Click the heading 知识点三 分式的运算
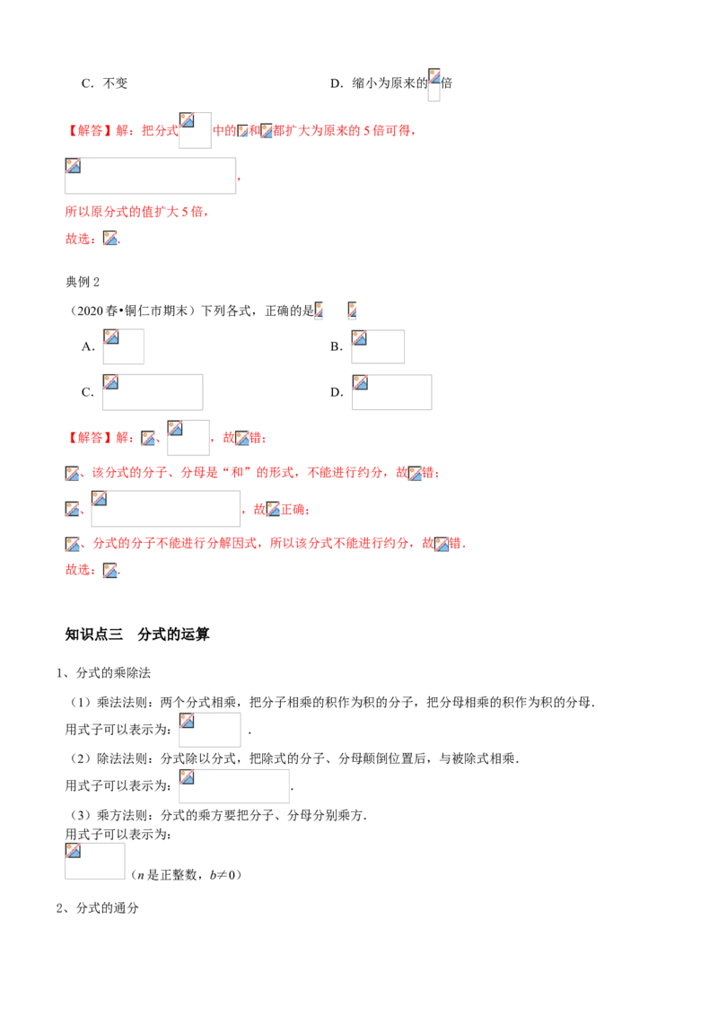[x=137, y=635]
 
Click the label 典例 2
[x=83, y=282]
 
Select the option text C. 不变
[x=104, y=83]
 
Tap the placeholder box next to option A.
[x=123, y=346]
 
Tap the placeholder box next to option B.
[x=378, y=346]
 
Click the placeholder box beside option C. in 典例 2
[x=153, y=392]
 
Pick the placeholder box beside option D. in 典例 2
[x=391, y=392]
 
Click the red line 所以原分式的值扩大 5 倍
[x=136, y=211]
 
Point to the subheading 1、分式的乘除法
[x=104, y=673]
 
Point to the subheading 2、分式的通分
[x=98, y=907]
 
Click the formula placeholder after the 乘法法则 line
[x=209, y=731]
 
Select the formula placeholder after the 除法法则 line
[x=234, y=786]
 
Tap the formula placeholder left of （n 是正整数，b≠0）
[x=94, y=861]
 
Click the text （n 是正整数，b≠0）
[x=186, y=875]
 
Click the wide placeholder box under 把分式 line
[x=151, y=176]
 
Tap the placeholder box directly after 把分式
[x=195, y=130]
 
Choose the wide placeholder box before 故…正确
[x=165, y=509]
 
